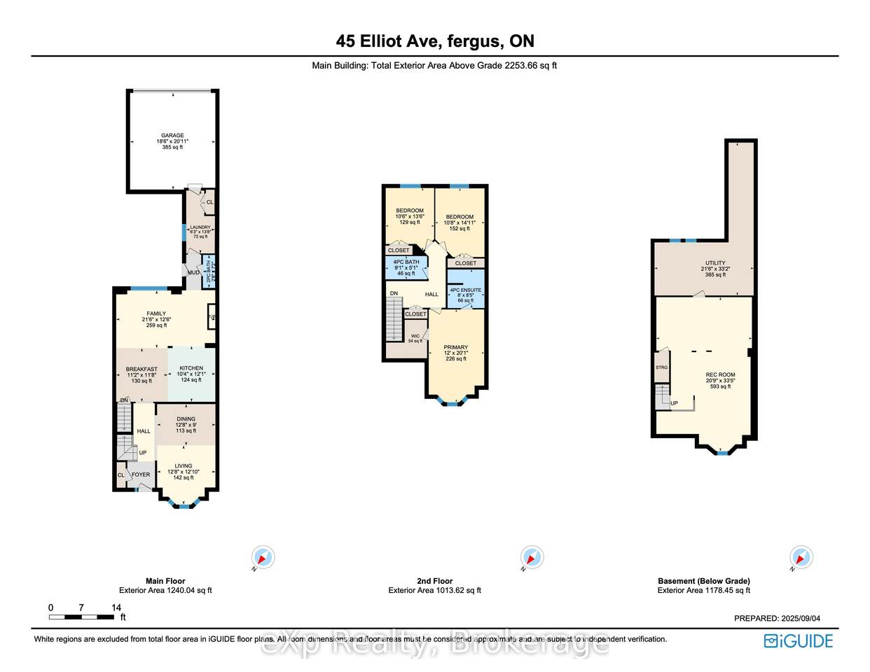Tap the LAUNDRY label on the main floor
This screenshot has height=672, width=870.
point(200,227)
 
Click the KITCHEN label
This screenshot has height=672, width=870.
point(191,368)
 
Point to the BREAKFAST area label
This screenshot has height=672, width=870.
point(141,369)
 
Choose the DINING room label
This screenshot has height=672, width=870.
point(186,419)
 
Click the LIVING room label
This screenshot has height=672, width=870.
point(184,465)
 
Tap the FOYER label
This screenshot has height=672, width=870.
point(141,475)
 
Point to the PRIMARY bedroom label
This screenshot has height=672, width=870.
point(455,347)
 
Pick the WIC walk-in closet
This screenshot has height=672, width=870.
point(415,337)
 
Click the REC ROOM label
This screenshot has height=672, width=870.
point(720,374)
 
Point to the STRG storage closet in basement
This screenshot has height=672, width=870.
point(661,367)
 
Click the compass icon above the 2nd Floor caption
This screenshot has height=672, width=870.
point(532,558)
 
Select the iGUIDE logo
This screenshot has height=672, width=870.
point(798,640)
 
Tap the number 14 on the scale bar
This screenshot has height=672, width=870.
point(116,608)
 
